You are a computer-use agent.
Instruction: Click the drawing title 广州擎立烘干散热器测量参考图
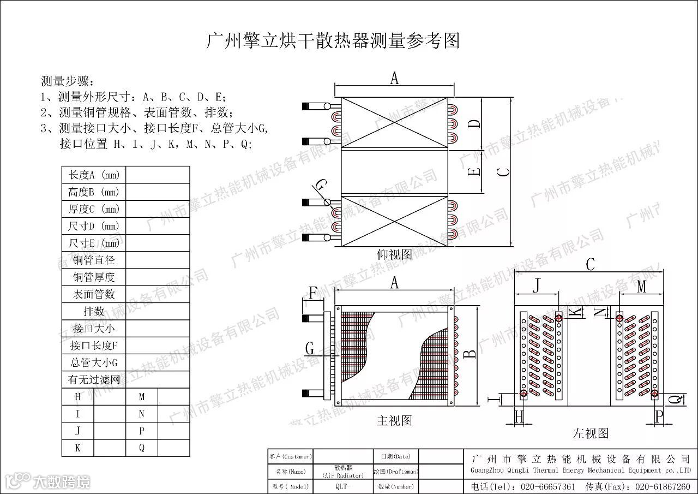[333, 41]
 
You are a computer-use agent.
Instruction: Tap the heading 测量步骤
[68, 81]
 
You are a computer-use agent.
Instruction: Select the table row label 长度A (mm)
[93, 175]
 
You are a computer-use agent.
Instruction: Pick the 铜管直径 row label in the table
[94, 260]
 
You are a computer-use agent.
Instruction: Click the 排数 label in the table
[94, 311]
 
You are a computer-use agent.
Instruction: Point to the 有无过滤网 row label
[94, 379]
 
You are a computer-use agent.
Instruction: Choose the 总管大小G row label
[94, 362]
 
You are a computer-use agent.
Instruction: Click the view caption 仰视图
[394, 254]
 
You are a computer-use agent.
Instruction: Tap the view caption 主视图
[394, 420]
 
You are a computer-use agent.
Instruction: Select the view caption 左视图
[591, 433]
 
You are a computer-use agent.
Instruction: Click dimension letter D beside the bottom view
[476, 123]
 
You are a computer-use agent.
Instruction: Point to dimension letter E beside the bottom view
[476, 171]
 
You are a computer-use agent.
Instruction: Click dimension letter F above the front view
[313, 293]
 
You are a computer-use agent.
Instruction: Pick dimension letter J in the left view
[538, 285]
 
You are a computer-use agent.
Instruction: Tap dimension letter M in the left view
[641, 285]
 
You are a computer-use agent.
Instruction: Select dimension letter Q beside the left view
[675, 399]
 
